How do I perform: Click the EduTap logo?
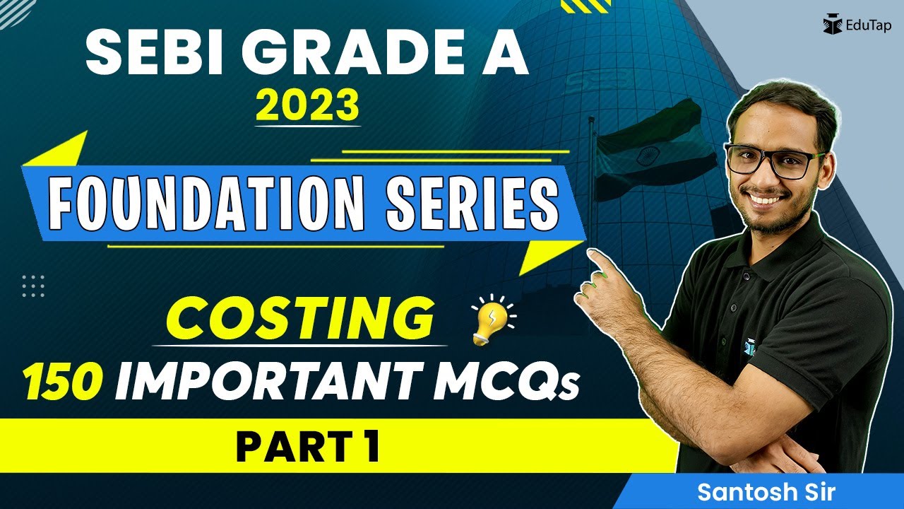click(x=856, y=25)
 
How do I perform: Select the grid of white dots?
click(x=33, y=285)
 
